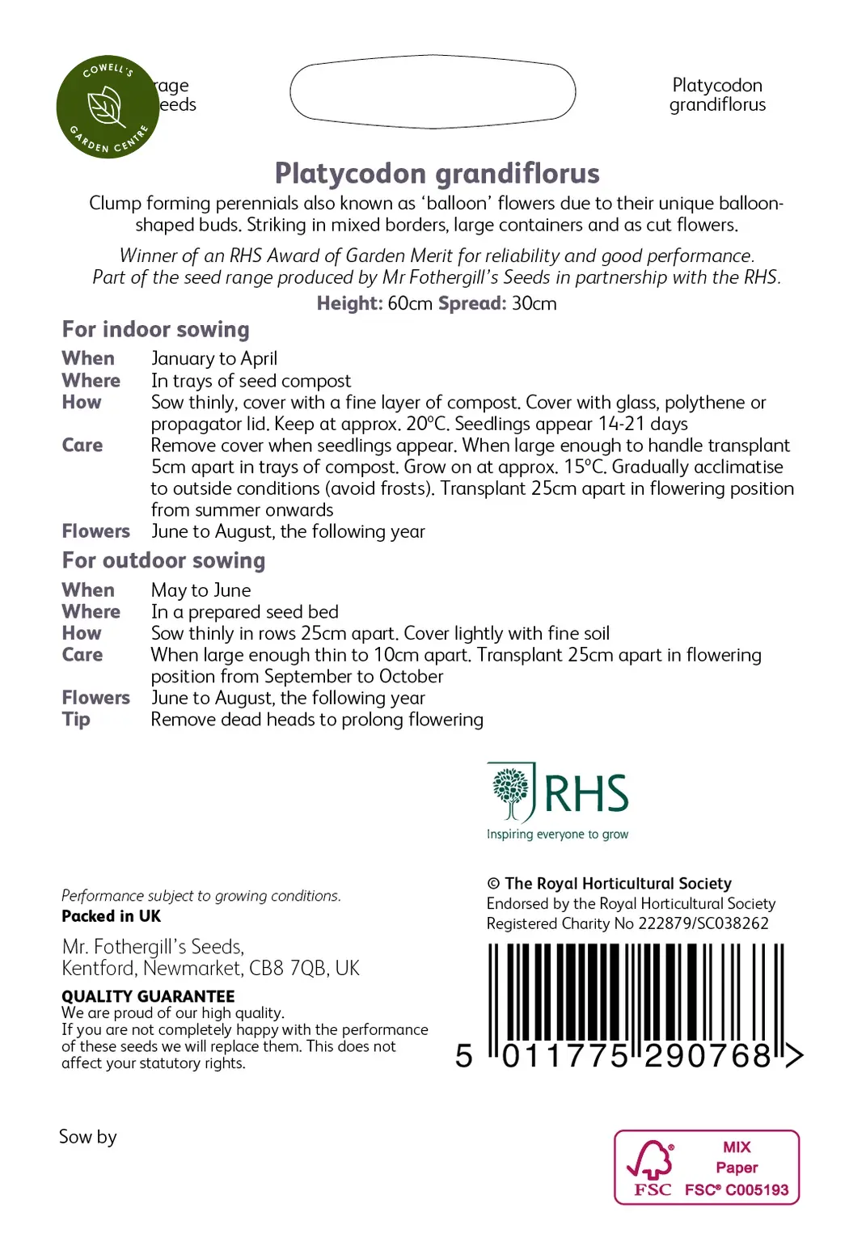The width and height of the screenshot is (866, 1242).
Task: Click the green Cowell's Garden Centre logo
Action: coord(108,107)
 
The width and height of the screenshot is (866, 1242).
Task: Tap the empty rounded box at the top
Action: coord(433,91)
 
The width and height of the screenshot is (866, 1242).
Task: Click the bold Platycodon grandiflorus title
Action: coord(437,173)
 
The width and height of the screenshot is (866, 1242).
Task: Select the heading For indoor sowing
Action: coord(156,329)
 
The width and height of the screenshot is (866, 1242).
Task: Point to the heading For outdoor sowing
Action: coord(163,560)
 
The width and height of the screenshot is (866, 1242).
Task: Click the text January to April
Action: coord(214,358)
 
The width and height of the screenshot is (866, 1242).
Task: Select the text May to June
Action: coord(201,590)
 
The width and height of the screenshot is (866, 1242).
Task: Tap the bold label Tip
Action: coord(76,720)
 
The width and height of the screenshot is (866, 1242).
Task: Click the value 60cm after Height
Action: coord(410,304)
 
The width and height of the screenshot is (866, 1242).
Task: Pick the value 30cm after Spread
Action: coord(534,304)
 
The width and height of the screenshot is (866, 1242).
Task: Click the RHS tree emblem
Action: coord(511,791)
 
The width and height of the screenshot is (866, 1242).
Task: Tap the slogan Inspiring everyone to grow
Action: coord(557,834)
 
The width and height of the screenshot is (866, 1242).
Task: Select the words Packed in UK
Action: coord(112,916)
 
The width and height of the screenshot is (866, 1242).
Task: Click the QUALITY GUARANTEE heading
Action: coord(148,996)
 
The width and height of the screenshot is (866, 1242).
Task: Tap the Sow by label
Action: coord(88,1137)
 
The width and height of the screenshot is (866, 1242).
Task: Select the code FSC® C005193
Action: coord(737,1189)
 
